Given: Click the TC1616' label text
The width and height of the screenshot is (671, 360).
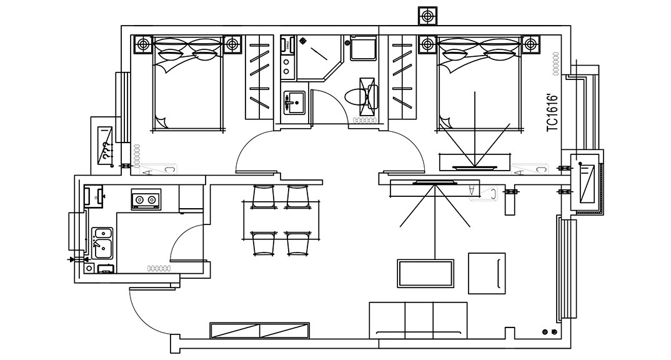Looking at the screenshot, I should [552, 112].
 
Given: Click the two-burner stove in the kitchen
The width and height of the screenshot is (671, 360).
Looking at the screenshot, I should [145, 199].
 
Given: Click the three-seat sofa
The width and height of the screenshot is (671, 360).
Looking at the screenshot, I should [419, 319].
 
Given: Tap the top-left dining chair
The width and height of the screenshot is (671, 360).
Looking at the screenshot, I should [263, 197].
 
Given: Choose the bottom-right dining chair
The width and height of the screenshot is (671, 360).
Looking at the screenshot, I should [297, 243].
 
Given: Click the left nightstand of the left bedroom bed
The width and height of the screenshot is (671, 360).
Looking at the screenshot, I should [142, 44].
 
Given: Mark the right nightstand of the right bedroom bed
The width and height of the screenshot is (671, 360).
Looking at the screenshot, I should [530, 44].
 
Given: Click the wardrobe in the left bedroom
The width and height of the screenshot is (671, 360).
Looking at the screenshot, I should [258, 77].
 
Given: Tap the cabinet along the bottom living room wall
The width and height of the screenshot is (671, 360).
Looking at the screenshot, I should [260, 329].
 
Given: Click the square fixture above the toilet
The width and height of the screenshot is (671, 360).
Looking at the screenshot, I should [362, 49].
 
